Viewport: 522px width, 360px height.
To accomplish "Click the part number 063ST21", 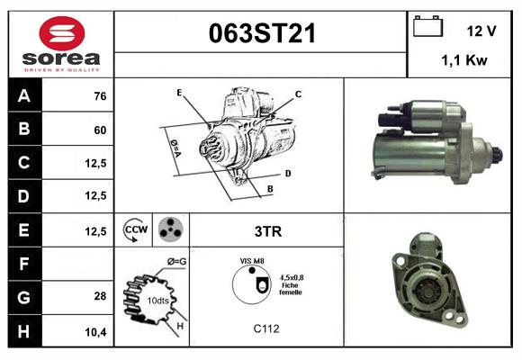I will click(x=262, y=33).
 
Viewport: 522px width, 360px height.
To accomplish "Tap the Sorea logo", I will click(x=60, y=43).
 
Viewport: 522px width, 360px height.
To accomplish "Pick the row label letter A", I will click(x=23, y=96).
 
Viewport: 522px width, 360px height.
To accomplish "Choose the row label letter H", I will click(x=23, y=332).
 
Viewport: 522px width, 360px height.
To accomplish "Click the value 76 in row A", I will click(x=99, y=96).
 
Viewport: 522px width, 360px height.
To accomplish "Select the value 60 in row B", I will click(x=99, y=130).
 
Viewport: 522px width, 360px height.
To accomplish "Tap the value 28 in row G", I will click(x=99, y=295).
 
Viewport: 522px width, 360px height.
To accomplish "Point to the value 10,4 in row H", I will click(x=96, y=332).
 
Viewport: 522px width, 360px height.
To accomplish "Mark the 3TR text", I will click(x=267, y=231).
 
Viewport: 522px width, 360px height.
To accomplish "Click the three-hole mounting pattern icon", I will click(x=170, y=230).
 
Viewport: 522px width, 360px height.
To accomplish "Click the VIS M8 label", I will click(x=252, y=261).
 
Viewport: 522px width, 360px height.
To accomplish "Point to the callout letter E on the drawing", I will click(x=179, y=93).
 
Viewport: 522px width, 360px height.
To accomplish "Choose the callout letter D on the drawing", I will click(x=287, y=172).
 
